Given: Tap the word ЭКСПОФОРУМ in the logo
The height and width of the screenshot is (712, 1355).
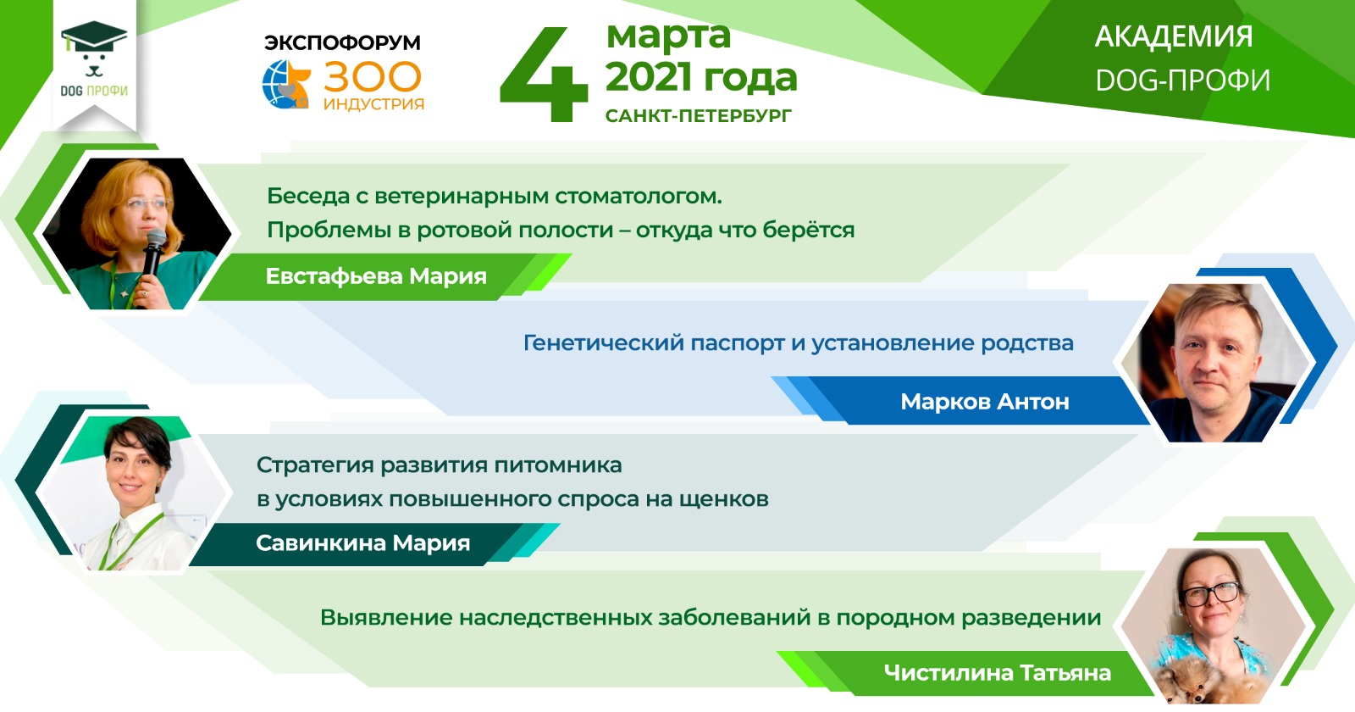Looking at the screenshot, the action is (342, 42).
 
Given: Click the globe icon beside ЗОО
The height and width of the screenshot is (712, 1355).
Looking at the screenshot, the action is (285, 84).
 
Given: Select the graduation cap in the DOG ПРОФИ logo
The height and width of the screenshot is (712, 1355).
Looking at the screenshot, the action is (94, 37).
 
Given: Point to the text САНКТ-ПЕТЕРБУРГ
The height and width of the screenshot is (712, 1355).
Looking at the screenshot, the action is (699, 115).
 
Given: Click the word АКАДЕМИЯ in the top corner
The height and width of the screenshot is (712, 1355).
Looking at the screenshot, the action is (1174, 36).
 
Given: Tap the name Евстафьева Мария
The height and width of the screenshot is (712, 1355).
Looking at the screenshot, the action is (376, 276).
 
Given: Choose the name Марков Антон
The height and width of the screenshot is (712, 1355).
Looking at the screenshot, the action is (985, 402).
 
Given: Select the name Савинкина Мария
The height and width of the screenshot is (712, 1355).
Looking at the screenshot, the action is (363, 543).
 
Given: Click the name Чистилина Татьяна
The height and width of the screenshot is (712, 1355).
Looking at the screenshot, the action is (998, 673).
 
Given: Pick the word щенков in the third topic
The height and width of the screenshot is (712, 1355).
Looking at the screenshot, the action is (724, 499).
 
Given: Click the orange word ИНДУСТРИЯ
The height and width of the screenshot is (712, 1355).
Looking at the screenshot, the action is (373, 103).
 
